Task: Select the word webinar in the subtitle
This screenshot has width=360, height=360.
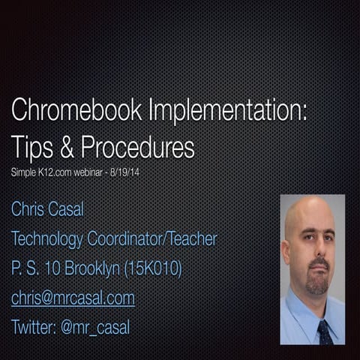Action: [95, 172]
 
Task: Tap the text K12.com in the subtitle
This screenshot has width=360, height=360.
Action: [54, 172]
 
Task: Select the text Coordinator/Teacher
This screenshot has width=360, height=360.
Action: [157, 238]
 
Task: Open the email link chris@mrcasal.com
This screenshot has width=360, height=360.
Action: [73, 298]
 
